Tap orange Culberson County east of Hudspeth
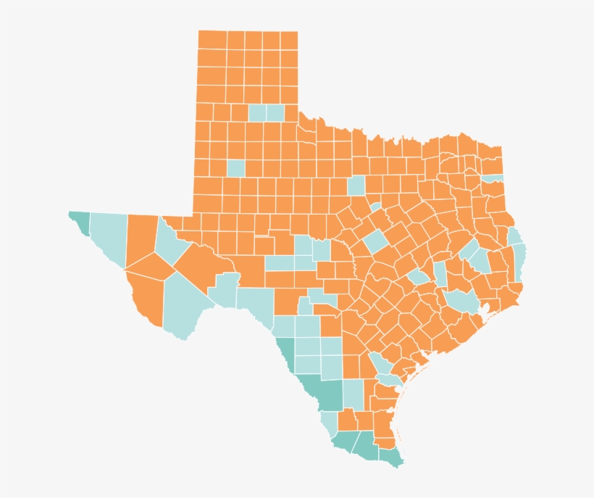[x=141, y=239]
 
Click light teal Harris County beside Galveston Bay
[x=461, y=300]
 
